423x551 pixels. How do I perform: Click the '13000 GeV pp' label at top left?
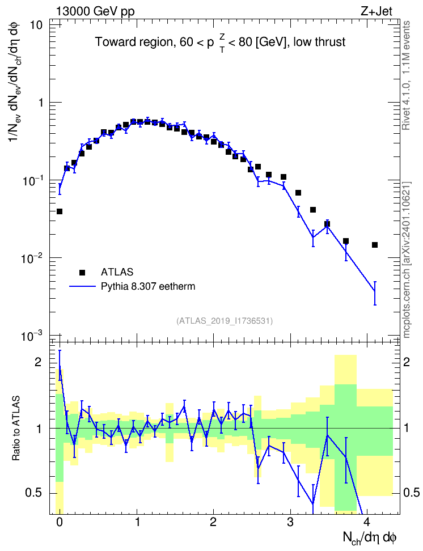coord(95,11)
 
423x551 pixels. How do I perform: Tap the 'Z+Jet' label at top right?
coord(377,11)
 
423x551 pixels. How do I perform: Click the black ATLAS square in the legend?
coord(82,272)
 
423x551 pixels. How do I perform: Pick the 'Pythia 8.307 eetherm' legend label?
coord(148,286)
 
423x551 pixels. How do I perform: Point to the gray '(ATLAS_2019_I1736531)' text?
coord(225,321)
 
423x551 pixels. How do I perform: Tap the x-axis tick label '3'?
coord(290,522)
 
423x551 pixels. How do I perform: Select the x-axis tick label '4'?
coord(367,522)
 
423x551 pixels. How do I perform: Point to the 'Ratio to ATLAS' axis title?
coord(16,428)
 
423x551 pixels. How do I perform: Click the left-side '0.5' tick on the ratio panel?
coord(33,493)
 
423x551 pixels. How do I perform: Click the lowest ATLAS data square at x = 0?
coord(60,211)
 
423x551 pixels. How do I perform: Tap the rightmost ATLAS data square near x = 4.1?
coord(375,245)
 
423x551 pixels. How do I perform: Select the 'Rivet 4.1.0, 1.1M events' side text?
coord(407,75)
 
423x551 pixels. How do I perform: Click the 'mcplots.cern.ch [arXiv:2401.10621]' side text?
coord(407,260)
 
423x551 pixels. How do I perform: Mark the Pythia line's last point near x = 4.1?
coord(375,291)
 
